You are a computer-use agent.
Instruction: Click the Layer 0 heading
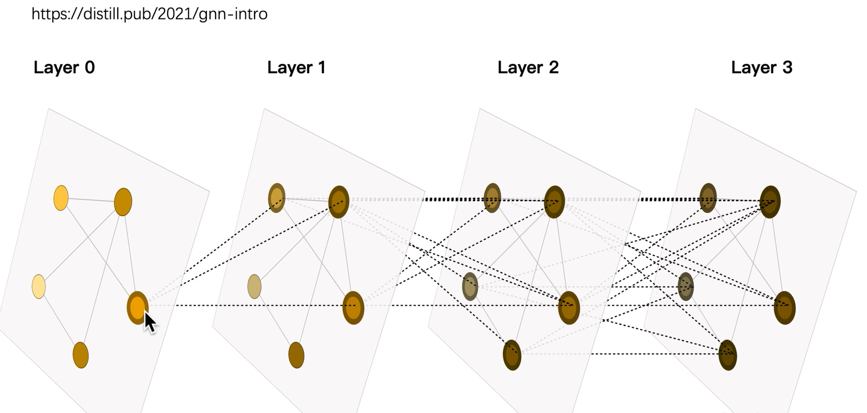(x=64, y=68)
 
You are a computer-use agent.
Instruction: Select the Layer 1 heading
(x=296, y=68)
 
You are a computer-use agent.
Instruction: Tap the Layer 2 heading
(x=528, y=68)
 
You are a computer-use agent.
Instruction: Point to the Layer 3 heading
(x=761, y=68)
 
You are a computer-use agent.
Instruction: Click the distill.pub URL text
(x=149, y=14)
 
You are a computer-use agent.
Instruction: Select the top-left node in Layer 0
(x=61, y=198)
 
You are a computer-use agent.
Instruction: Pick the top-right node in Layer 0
(x=123, y=202)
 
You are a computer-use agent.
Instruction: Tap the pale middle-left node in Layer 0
(x=39, y=287)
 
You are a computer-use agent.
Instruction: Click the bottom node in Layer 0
(x=80, y=355)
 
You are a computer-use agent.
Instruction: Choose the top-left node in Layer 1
(x=277, y=198)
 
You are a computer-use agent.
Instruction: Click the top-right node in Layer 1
(x=339, y=202)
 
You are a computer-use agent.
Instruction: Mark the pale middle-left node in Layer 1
(x=254, y=287)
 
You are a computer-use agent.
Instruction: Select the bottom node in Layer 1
(x=296, y=355)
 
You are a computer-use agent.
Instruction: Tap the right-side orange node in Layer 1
(x=353, y=308)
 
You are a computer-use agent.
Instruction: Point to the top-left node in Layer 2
(x=492, y=198)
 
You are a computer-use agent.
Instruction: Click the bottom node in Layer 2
(x=512, y=355)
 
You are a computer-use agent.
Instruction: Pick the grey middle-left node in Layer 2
(x=470, y=287)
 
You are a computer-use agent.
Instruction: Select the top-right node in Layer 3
(x=770, y=202)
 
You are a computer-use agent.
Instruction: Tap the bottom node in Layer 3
(x=727, y=355)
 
